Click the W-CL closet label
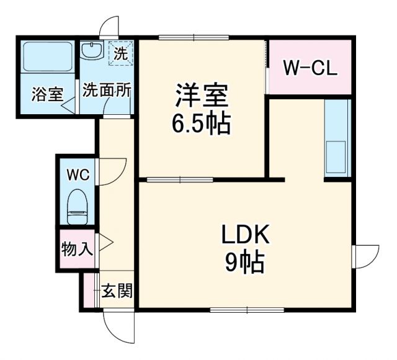coord(310,68)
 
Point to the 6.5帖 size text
coord(202,125)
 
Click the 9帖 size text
coord(244,264)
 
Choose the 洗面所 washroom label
coord(107,90)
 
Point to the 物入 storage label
coord(77,250)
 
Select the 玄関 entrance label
coord(117,290)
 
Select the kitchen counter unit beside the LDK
coord(337,137)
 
